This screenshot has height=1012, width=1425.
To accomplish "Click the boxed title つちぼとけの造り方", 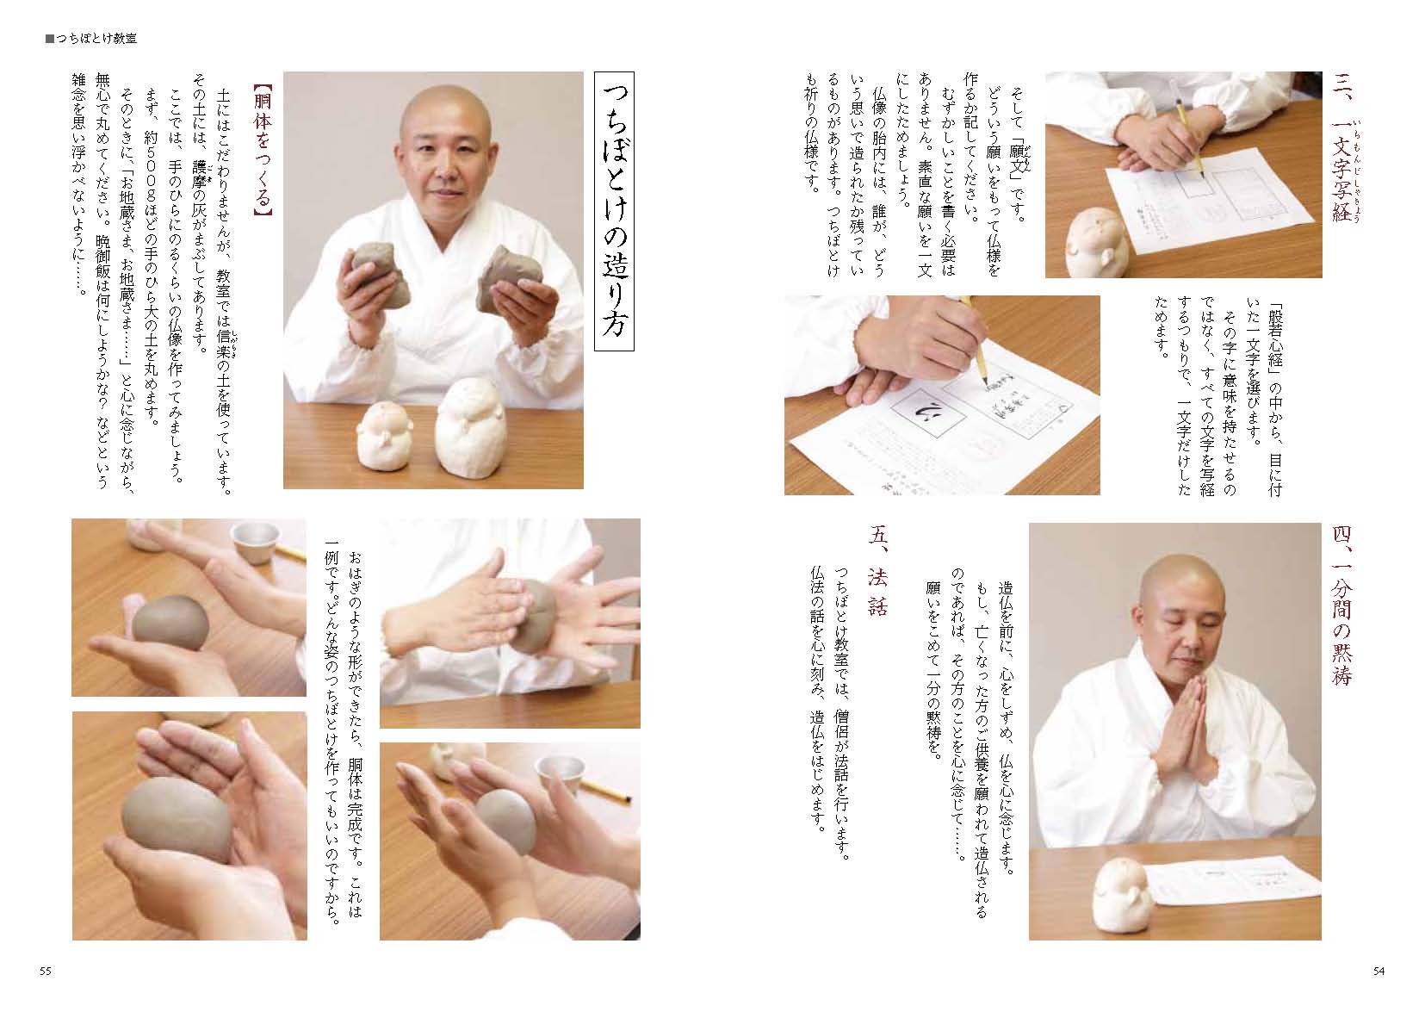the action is click(x=614, y=211).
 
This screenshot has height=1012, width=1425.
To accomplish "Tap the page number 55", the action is click(x=45, y=972).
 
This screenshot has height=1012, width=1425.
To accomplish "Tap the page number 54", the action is click(x=1379, y=972).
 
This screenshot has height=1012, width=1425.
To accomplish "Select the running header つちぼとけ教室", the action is click(x=91, y=39).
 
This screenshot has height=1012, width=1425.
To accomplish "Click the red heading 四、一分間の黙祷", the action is click(x=1341, y=605).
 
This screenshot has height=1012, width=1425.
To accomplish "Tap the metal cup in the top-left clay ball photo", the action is click(x=255, y=543).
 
